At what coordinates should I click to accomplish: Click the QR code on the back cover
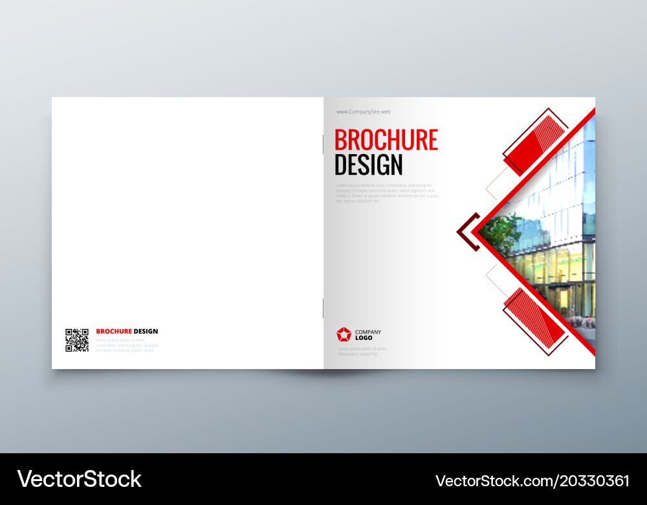(x=77, y=340)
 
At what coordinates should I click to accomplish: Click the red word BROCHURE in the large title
(x=386, y=140)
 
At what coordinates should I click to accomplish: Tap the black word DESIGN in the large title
(x=368, y=165)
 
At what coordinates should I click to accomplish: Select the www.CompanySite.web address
(x=363, y=112)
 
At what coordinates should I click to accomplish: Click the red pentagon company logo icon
(x=344, y=334)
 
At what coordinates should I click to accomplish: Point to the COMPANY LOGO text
(x=368, y=335)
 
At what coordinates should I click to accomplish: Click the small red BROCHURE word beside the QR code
(x=114, y=331)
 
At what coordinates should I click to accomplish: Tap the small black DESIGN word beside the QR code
(x=146, y=331)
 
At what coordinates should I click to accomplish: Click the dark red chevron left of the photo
(x=467, y=231)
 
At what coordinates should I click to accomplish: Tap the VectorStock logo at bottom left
(x=80, y=479)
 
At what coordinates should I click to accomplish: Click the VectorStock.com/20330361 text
(x=532, y=481)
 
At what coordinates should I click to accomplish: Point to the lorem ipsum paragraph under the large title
(x=387, y=193)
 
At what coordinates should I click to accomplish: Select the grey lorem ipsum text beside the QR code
(x=126, y=344)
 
